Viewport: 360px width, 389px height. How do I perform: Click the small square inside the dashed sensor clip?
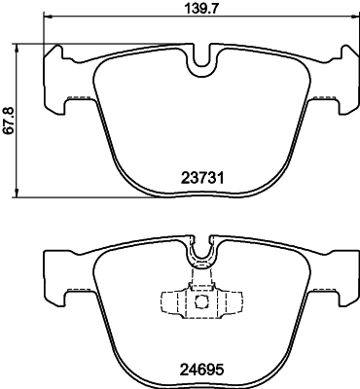[x=202, y=301]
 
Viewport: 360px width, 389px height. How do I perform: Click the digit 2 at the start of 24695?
[x=184, y=370]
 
